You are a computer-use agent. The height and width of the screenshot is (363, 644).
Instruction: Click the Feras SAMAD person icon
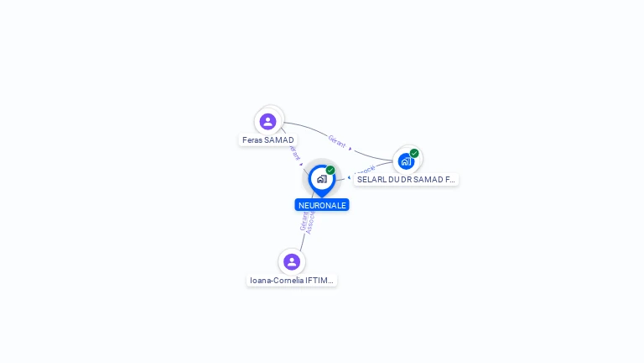pos(268,121)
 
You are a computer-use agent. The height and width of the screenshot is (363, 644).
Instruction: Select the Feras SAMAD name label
pos(268,139)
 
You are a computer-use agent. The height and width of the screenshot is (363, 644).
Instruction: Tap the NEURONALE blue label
pos(322,205)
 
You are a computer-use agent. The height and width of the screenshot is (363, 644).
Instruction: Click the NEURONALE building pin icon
pos(321,179)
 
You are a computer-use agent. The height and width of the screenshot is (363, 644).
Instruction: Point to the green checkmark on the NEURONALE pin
pos(330,171)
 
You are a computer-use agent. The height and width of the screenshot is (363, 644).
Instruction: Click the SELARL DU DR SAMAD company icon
pos(406,160)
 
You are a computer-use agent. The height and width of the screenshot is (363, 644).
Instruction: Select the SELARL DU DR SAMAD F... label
pos(406,180)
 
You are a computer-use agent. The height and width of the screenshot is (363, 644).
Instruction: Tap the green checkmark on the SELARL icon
pos(414,153)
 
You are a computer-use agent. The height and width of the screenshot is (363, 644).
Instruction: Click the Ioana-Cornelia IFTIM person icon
pos(292,261)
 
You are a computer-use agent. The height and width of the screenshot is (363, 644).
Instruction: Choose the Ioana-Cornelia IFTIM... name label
pos(292,281)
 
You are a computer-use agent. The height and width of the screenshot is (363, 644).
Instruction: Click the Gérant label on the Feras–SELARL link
pos(336,140)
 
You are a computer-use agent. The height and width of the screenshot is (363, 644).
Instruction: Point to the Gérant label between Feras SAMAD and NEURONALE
pos(293,153)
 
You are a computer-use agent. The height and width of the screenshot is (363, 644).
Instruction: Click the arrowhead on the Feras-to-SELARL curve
pos(351,149)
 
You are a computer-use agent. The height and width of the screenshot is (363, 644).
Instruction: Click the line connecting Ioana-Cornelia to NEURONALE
pos(303,241)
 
